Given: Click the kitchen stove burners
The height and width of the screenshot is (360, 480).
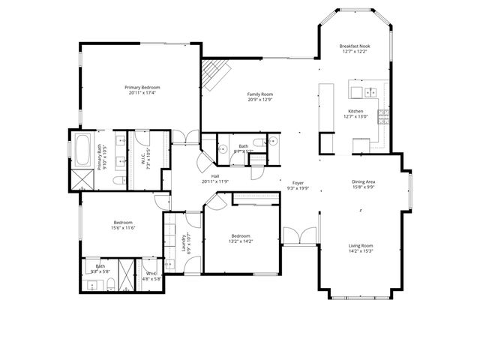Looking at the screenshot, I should tap(383, 115).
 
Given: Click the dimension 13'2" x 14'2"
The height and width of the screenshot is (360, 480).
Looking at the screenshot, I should tap(241, 241).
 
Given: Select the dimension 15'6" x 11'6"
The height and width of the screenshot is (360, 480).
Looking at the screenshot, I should tap(123, 227).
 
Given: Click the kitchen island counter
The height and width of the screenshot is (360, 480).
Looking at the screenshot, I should tap(326, 109).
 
